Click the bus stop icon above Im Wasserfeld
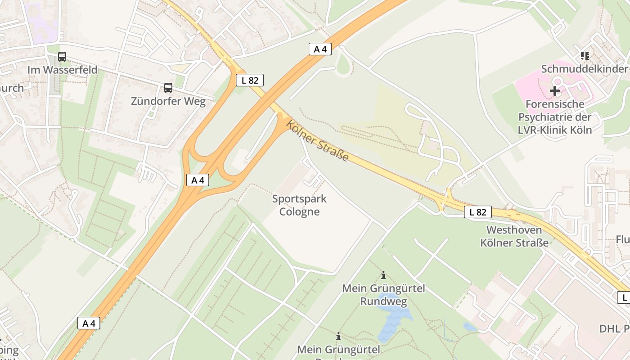pyautogui.click(x=62, y=57)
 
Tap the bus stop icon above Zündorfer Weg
pyautogui.click(x=168, y=88)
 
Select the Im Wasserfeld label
pyautogui.click(x=62, y=70)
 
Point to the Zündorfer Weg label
pyautogui.click(x=168, y=101)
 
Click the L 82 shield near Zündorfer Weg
pyautogui.click(x=250, y=81)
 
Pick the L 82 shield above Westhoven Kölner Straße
pyautogui.click(x=478, y=212)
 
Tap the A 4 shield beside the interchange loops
pyautogui.click(x=198, y=180)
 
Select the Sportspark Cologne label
pyautogui.click(x=299, y=205)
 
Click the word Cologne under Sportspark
pyautogui.click(x=299, y=212)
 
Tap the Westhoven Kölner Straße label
pyautogui.click(x=514, y=236)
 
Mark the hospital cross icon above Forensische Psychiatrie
pyautogui.click(x=555, y=90)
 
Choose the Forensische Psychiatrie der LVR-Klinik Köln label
pyautogui.click(x=555, y=117)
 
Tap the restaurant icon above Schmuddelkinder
pyautogui.click(x=585, y=56)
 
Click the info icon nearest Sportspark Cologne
pyautogui.click(x=383, y=275)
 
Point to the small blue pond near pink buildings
pyautogui.click(x=470, y=327)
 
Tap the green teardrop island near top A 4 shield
pyautogui.click(x=343, y=66)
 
